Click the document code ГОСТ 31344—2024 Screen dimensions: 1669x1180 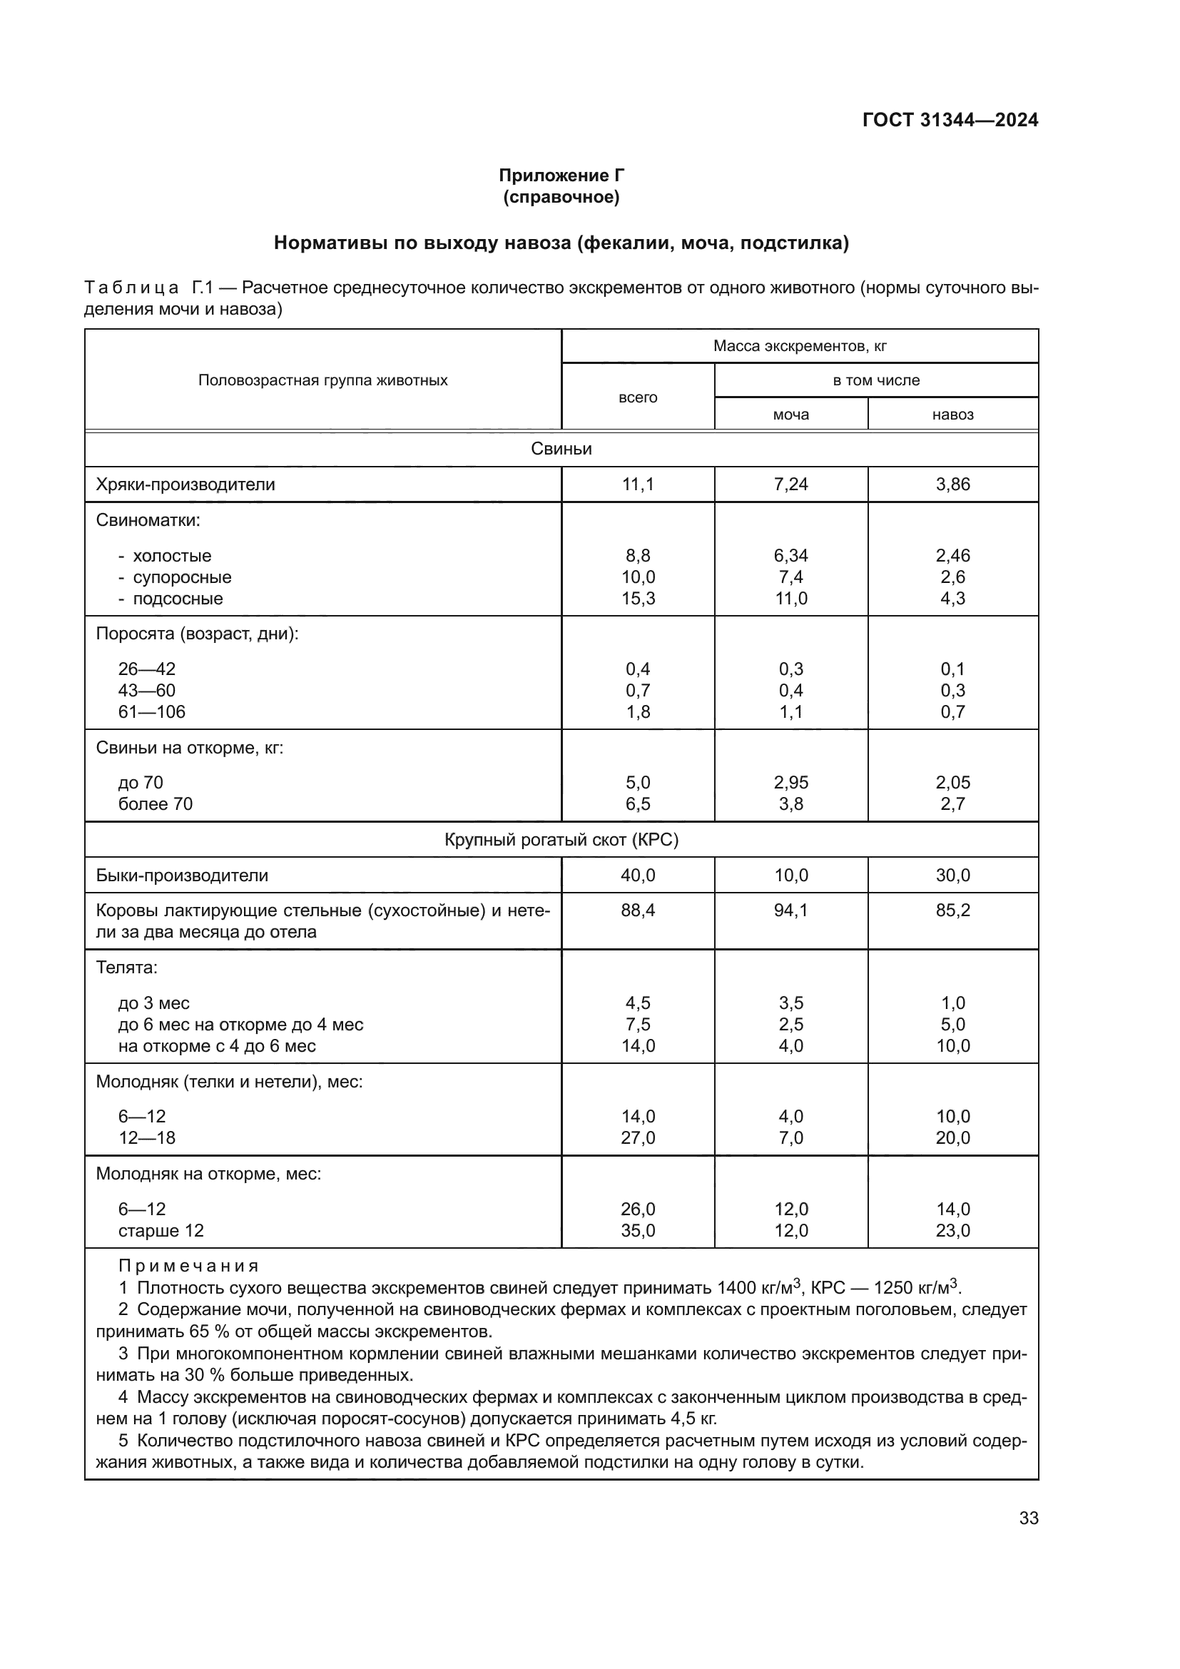coord(950,120)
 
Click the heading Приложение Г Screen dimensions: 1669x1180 coord(561,176)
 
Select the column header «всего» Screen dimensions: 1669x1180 coord(637,397)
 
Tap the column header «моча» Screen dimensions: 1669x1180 coord(790,415)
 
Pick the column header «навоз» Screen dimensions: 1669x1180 coord(952,415)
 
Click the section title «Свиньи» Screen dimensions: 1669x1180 coord(561,449)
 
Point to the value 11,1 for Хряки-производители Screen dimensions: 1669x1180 coord(637,484)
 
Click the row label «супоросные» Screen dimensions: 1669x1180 coord(182,577)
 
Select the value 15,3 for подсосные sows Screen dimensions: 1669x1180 coord(637,598)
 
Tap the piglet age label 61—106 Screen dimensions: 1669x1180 coord(152,711)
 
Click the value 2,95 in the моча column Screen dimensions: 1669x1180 coord(790,782)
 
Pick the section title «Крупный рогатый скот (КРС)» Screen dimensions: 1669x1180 coord(561,840)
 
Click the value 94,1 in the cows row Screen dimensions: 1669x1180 coord(790,910)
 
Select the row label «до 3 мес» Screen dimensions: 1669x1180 coord(154,1003)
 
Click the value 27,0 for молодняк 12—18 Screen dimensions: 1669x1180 coord(637,1137)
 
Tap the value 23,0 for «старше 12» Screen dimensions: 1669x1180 coord(952,1231)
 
